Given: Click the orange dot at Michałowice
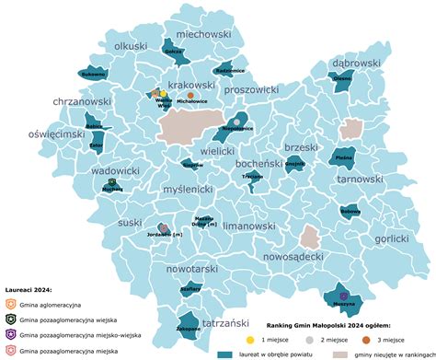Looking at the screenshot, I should [190, 95].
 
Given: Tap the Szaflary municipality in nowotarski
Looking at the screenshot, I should [190, 288].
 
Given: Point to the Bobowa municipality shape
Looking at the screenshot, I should [350, 211].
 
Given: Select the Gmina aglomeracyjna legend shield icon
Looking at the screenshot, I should [9, 303].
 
